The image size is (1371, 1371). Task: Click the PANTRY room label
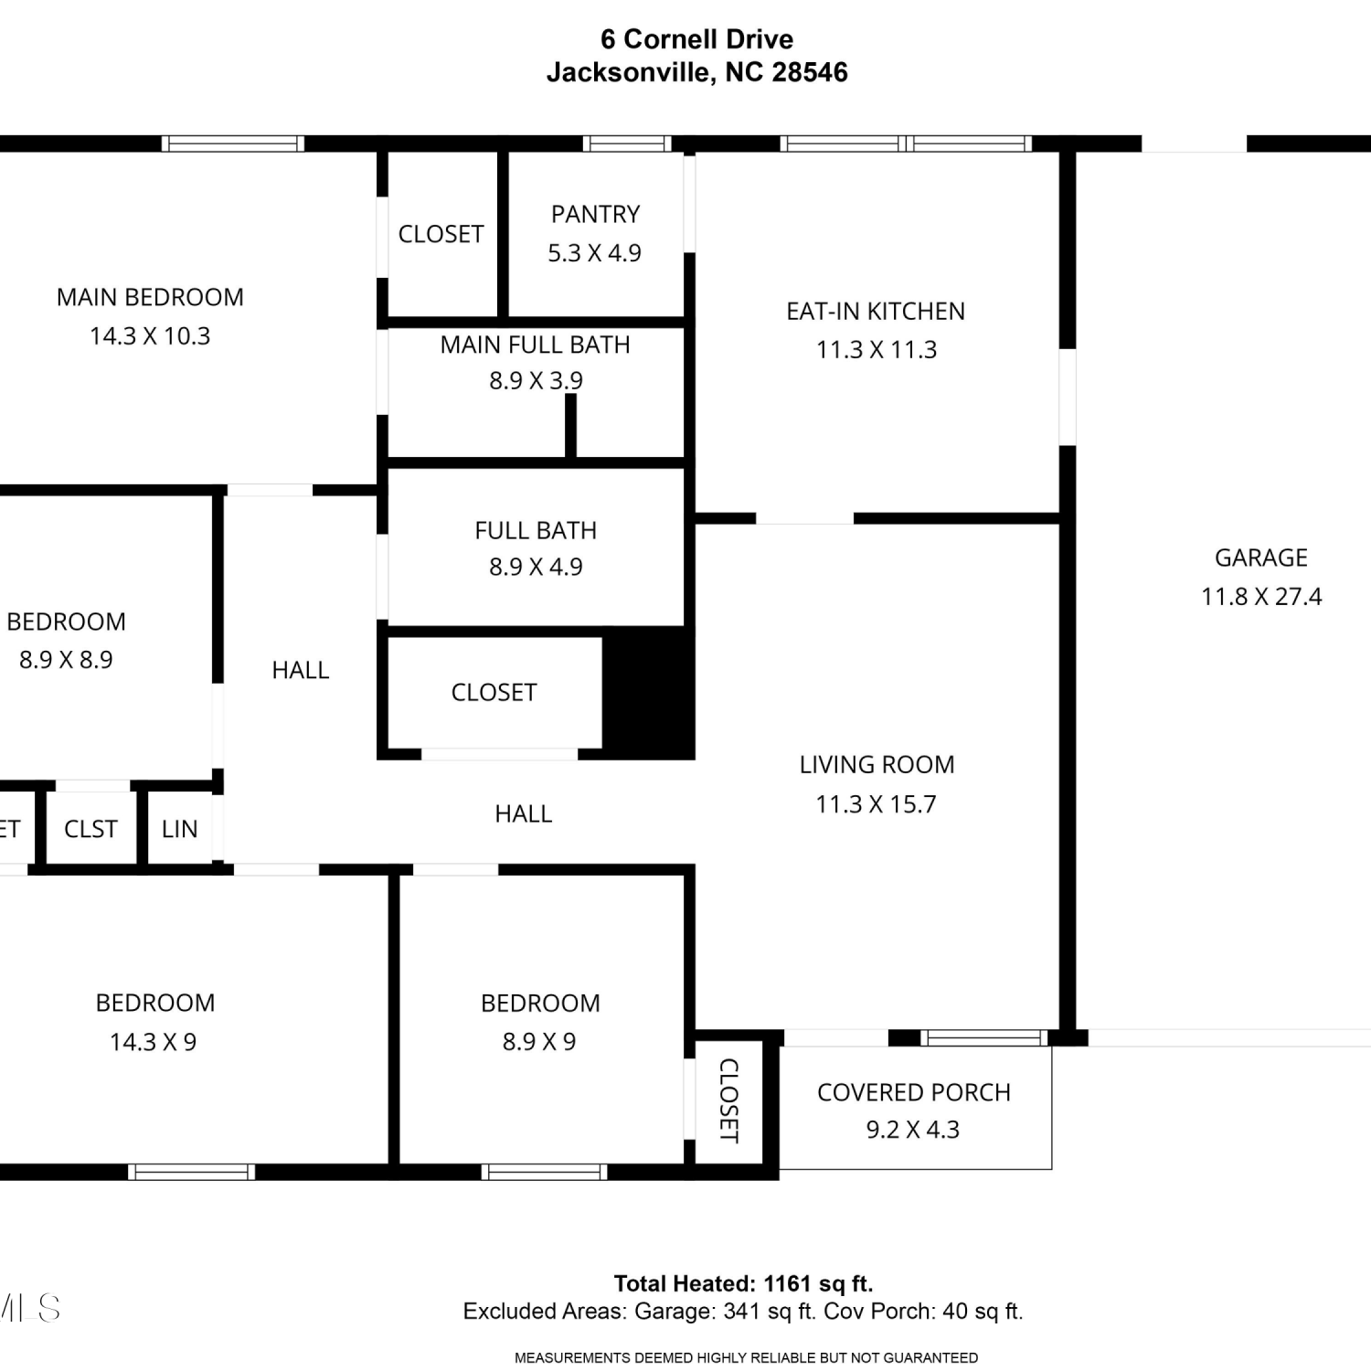click(x=595, y=214)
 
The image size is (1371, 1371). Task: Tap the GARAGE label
click(x=1260, y=558)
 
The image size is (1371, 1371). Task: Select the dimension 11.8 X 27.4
click(x=1261, y=597)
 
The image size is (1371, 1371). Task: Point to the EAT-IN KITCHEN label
click(x=876, y=312)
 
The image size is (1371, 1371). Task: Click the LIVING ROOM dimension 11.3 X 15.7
click(x=876, y=804)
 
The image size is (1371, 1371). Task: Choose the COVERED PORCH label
click(x=914, y=1093)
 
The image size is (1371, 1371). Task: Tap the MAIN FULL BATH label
click(x=536, y=345)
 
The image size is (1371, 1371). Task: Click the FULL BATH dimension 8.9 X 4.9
click(x=536, y=567)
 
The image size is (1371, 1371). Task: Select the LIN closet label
click(x=179, y=829)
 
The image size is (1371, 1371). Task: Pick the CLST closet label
click(x=90, y=829)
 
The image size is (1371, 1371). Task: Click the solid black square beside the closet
click(x=648, y=692)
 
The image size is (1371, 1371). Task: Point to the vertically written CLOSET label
click(x=728, y=1100)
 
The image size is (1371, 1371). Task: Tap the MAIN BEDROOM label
click(x=150, y=298)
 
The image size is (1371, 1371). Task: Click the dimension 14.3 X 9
click(x=153, y=1042)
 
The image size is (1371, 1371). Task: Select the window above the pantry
click(x=627, y=143)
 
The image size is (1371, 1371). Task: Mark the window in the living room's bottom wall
click(x=983, y=1037)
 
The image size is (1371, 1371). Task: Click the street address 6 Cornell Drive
click(x=696, y=39)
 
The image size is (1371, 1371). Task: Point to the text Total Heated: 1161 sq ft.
click(x=743, y=1284)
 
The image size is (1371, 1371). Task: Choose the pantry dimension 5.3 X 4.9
click(x=594, y=253)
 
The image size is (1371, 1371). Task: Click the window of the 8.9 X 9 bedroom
click(x=545, y=1172)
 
